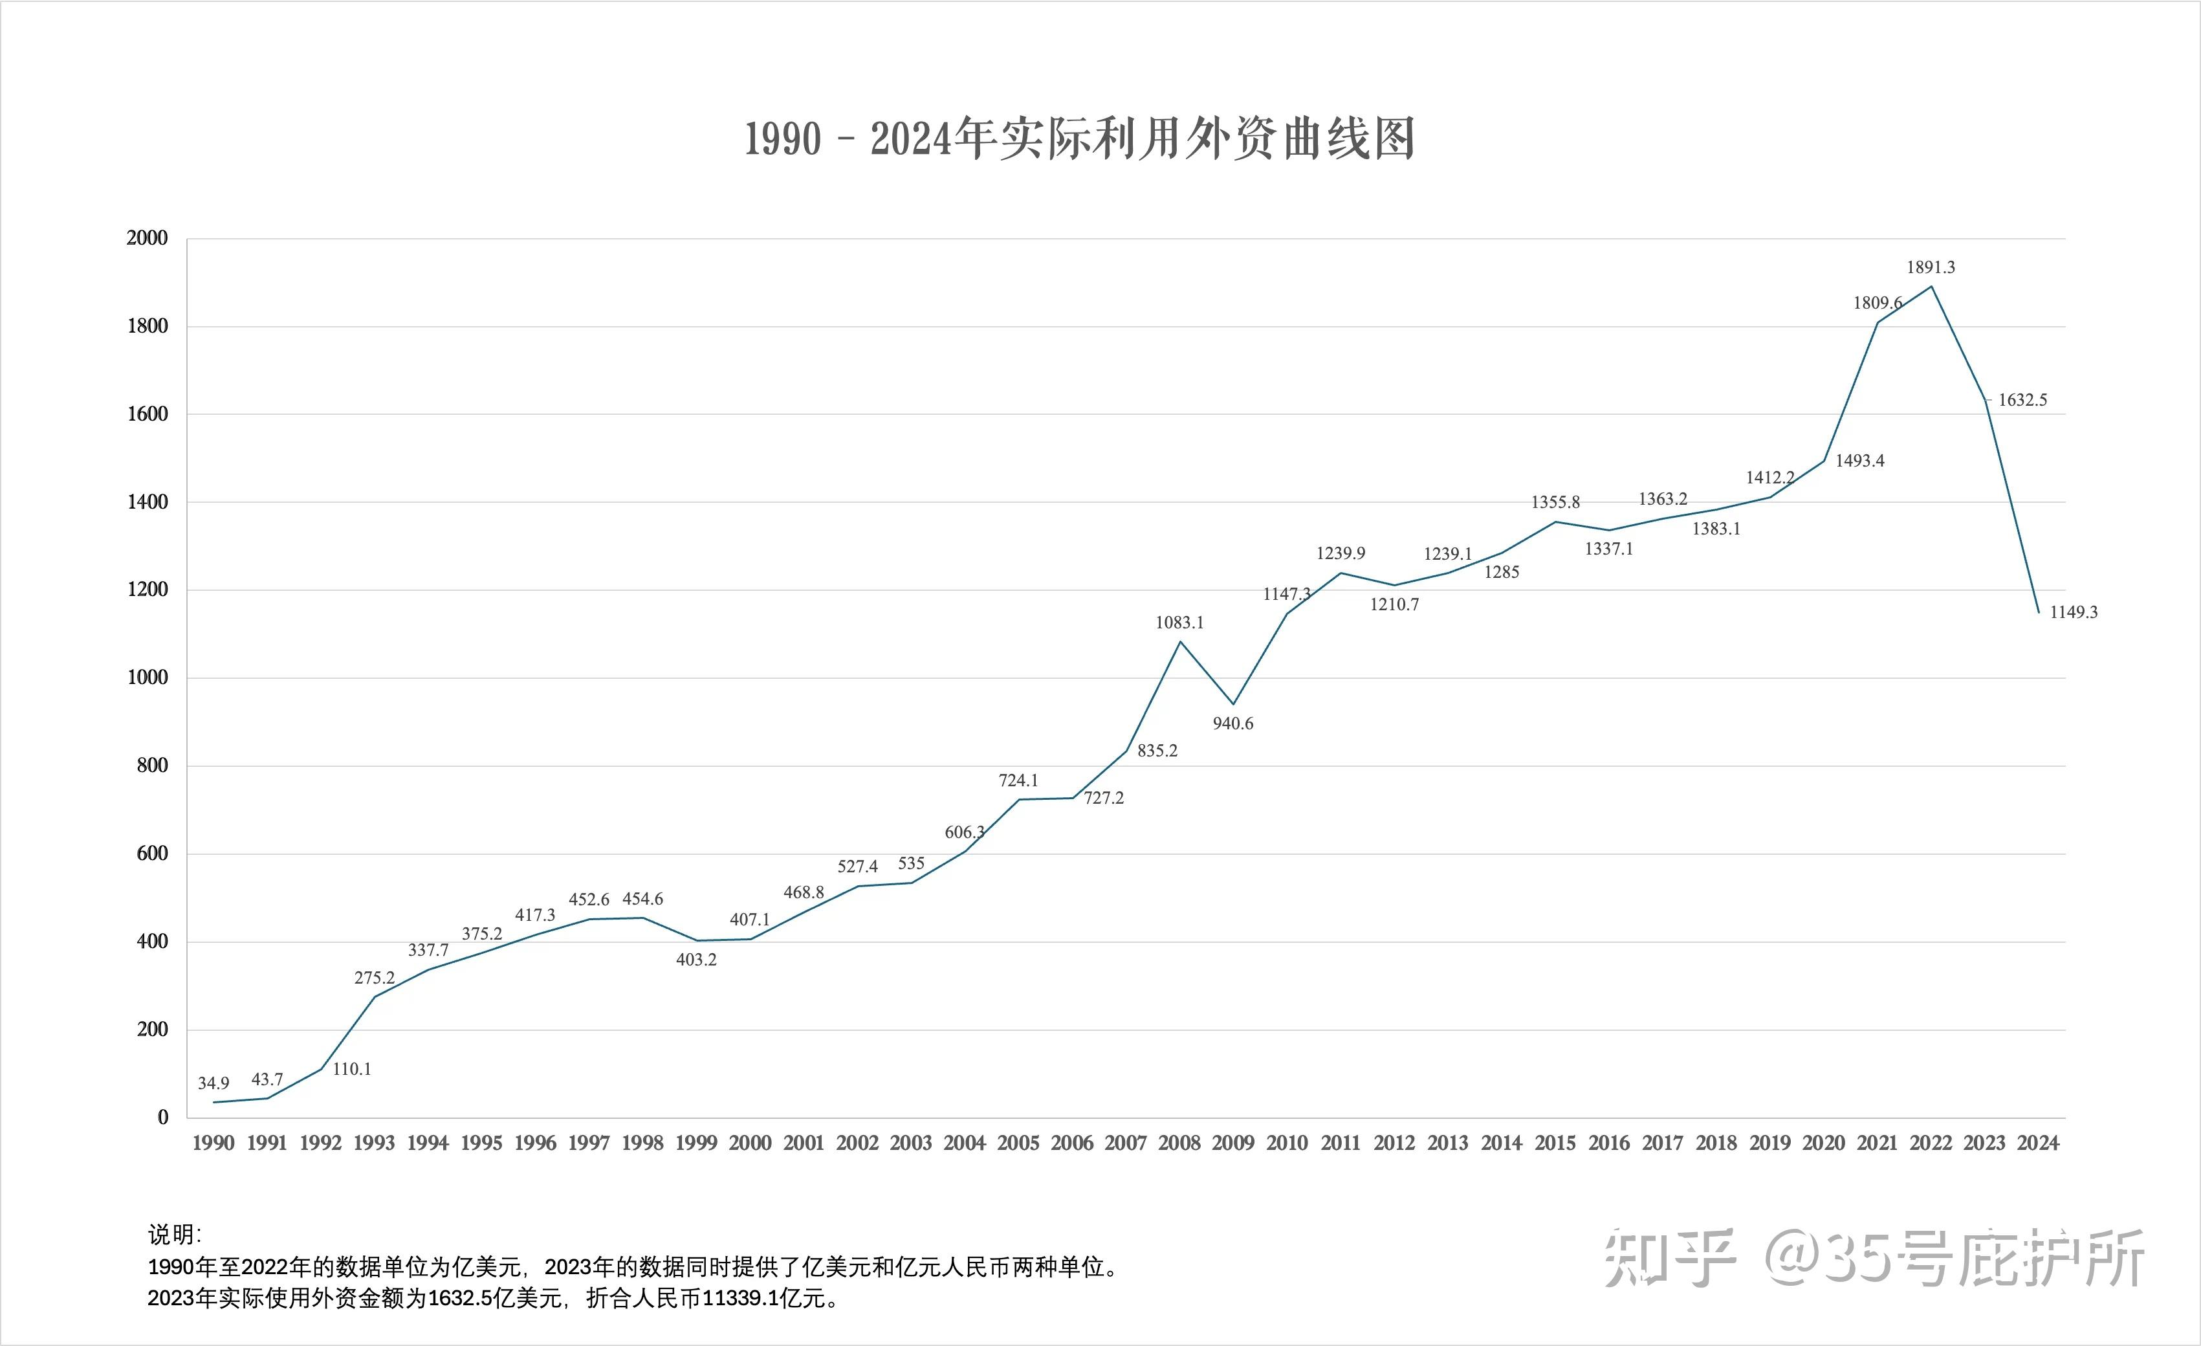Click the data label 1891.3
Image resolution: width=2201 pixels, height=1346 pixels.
pyautogui.click(x=1931, y=267)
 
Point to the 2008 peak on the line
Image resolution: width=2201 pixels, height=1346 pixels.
pyautogui.click(x=1180, y=641)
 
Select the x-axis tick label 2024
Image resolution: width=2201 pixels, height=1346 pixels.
pyautogui.click(x=2037, y=1143)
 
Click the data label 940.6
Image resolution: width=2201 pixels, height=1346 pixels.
pyautogui.click(x=1232, y=723)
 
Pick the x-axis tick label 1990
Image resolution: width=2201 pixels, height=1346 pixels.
pyautogui.click(x=214, y=1143)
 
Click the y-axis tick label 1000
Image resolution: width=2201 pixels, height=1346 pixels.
pyautogui.click(x=148, y=678)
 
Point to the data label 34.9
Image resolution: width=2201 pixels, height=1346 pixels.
pyautogui.click(x=214, y=1083)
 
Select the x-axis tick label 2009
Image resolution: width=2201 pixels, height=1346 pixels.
pyautogui.click(x=1232, y=1143)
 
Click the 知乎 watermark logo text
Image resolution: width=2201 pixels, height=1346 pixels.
pyautogui.click(x=1669, y=1259)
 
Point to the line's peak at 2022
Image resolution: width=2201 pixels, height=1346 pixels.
pyautogui.click(x=1931, y=287)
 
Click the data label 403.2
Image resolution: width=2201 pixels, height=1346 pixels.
pyautogui.click(x=696, y=960)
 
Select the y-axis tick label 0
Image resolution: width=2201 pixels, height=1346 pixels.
pyautogui.click(x=162, y=1118)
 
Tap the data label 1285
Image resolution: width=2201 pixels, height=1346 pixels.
pyautogui.click(x=1502, y=573)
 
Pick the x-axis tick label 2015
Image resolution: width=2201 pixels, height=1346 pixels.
pyautogui.click(x=1555, y=1143)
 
